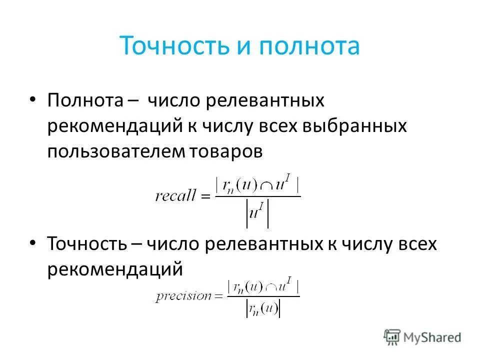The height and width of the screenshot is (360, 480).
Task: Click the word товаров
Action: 225,152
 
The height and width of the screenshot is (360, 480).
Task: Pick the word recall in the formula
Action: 175,196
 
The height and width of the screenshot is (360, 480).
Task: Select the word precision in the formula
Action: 183,296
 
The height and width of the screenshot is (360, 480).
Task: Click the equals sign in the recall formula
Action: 205,196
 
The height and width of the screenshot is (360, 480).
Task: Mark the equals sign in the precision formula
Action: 218,296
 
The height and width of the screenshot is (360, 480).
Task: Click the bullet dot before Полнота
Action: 33,99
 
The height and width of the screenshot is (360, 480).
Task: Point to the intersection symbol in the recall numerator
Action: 266,185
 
